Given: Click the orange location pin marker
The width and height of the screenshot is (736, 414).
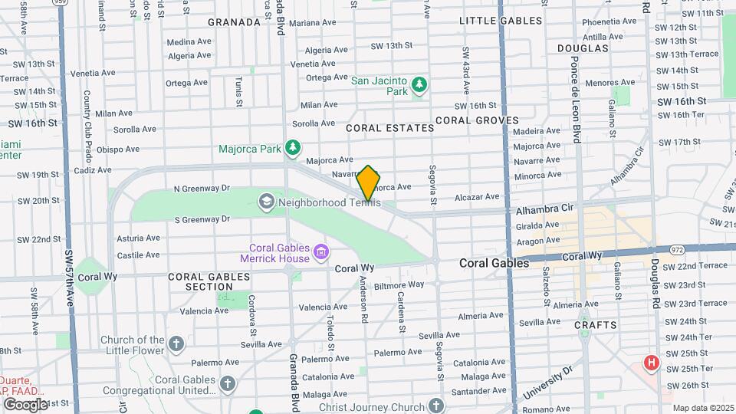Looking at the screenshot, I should (x=369, y=183).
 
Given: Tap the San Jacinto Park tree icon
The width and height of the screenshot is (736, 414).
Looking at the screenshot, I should (x=419, y=83).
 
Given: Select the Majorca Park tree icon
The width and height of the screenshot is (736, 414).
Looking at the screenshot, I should (x=291, y=146).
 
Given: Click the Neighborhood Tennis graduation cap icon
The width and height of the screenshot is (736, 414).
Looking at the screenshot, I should (x=266, y=202).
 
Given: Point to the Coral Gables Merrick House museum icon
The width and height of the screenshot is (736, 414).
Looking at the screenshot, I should (x=321, y=251).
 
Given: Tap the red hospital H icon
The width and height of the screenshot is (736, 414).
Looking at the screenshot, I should (x=652, y=363).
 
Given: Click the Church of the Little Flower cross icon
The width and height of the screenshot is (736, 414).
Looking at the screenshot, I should (x=176, y=343).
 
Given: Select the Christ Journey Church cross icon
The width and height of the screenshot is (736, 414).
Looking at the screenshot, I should (x=436, y=405).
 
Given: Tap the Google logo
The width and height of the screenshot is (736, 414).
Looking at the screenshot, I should (x=25, y=404).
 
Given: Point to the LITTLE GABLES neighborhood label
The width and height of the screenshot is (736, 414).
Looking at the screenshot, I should (x=501, y=21).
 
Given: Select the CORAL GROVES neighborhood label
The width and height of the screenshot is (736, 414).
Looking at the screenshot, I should (x=477, y=120).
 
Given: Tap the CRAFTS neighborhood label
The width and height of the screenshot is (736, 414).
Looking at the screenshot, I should (x=596, y=325).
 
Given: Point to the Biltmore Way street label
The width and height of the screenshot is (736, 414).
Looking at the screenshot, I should (x=399, y=284).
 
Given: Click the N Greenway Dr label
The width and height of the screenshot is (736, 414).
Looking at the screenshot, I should (x=202, y=188).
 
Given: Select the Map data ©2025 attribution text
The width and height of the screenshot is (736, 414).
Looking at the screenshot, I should (x=702, y=408).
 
